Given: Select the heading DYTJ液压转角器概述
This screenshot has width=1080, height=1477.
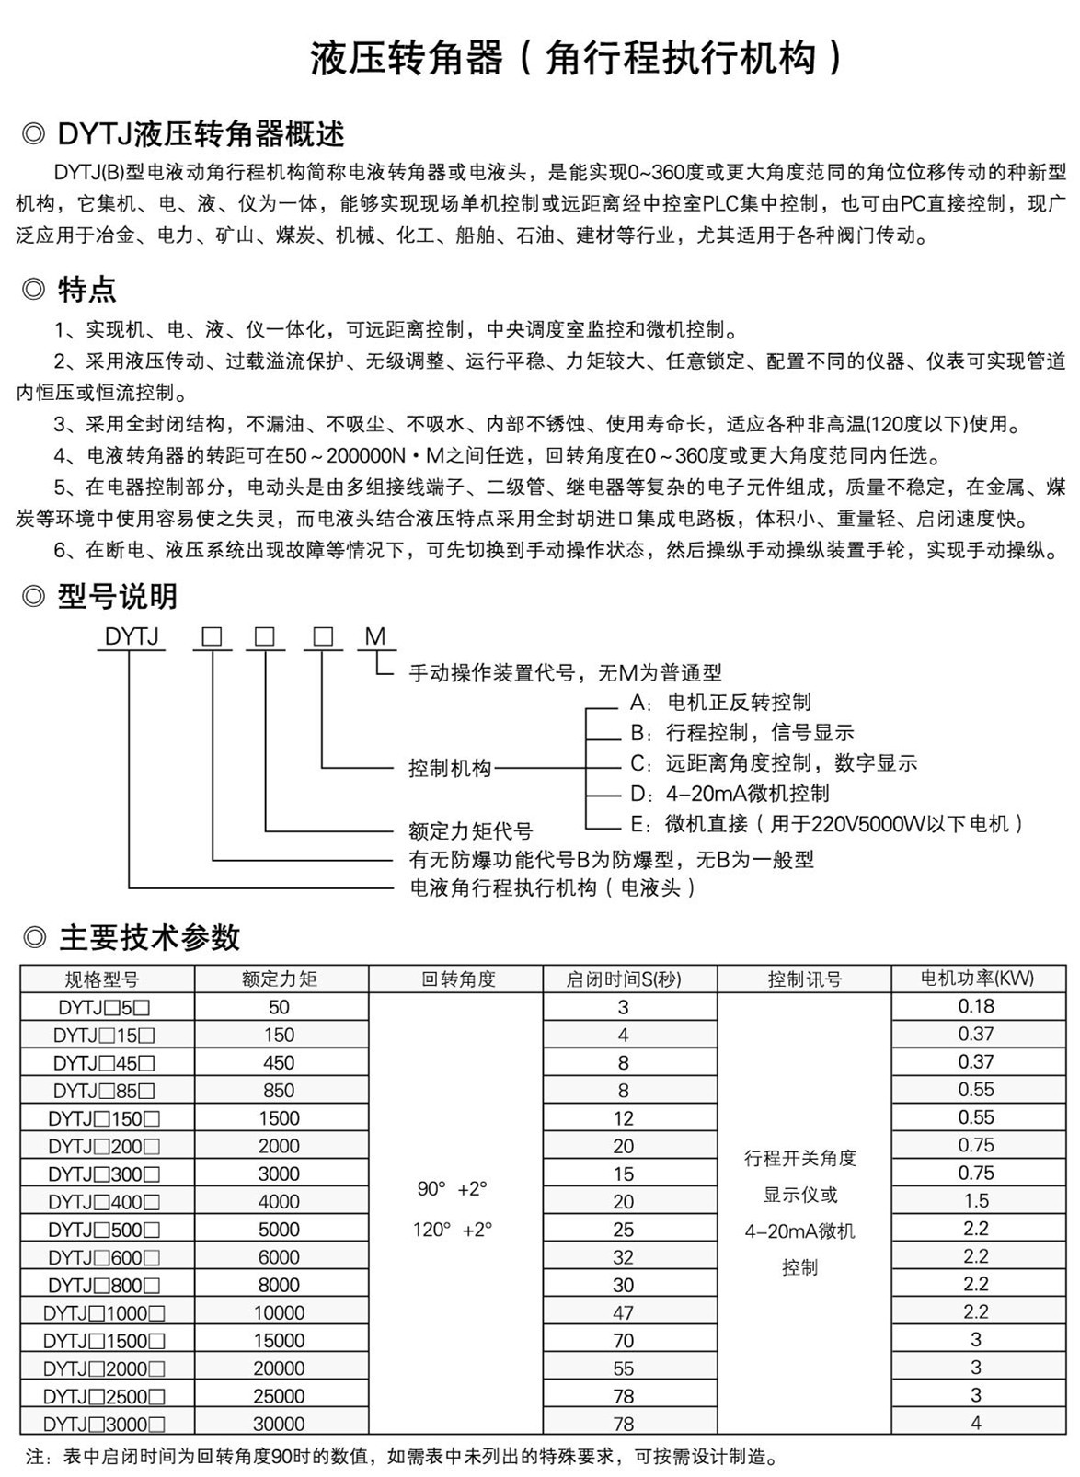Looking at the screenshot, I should click(201, 135).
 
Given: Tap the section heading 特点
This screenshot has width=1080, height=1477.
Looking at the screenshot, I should click(86, 290).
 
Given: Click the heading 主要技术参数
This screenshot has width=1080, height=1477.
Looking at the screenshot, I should click(149, 937).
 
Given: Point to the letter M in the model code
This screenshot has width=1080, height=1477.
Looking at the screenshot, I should click(375, 636).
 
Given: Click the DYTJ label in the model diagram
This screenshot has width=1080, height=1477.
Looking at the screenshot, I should click(132, 636).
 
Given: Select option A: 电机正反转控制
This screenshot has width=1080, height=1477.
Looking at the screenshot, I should click(720, 703).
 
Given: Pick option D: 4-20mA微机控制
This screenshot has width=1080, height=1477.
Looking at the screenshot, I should click(730, 793).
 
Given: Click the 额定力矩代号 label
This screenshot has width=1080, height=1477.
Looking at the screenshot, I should click(470, 830).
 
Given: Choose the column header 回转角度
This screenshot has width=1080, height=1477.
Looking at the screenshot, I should click(457, 979).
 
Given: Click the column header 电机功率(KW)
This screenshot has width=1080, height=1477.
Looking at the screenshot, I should click(977, 979).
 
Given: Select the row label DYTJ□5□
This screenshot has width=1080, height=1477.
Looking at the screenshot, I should click(102, 1007).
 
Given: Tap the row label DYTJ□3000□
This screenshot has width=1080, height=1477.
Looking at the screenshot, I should click(104, 1424).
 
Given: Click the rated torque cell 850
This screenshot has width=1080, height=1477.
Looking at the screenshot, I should click(279, 1091).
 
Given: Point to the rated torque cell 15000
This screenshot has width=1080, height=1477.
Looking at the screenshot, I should click(279, 1341).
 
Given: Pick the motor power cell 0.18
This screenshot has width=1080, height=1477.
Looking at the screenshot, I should click(976, 1006).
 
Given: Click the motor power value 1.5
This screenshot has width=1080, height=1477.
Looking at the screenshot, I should click(976, 1201).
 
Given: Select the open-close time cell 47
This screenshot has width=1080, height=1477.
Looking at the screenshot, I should click(624, 1312).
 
